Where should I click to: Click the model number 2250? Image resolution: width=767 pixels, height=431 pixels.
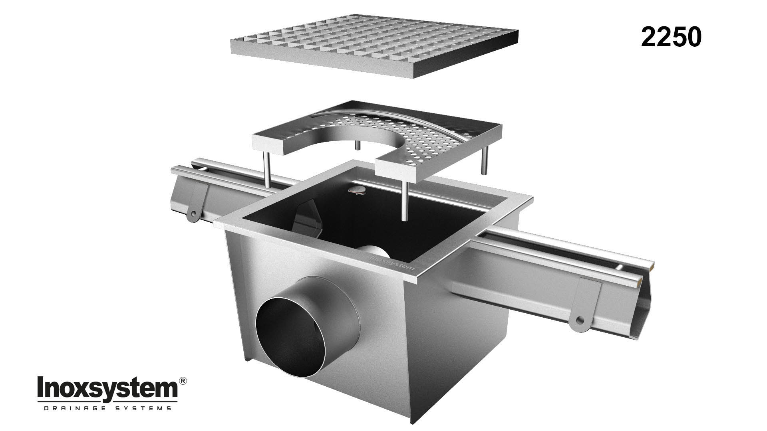coord(671,38)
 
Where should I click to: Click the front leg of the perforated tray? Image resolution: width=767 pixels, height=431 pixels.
coord(405,198)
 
